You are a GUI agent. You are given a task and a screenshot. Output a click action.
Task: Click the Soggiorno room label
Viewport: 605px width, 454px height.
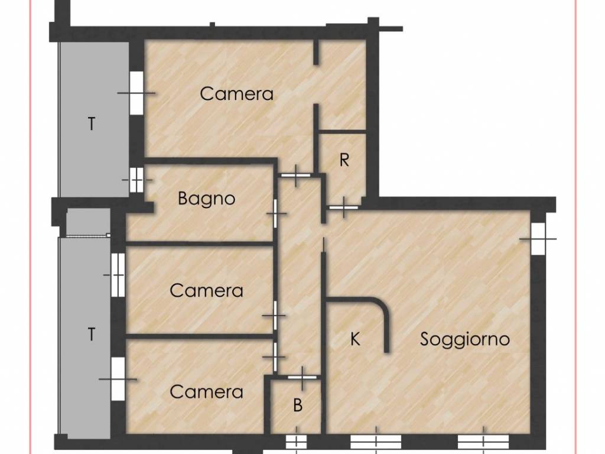(464, 340)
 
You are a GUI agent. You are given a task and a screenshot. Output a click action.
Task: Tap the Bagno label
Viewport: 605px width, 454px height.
(206, 199)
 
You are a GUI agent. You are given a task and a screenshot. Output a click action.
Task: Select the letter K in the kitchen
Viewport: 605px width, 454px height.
(355, 339)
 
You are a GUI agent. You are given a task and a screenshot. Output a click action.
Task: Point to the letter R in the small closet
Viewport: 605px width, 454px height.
(344, 160)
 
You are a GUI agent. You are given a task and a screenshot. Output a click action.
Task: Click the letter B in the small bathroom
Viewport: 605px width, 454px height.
(298, 406)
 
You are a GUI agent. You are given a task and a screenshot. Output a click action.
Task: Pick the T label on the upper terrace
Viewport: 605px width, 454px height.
(92, 124)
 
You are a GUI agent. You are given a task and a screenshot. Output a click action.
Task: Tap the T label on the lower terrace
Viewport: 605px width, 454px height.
(92, 335)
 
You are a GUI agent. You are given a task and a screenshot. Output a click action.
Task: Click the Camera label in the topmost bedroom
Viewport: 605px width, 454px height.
(236, 94)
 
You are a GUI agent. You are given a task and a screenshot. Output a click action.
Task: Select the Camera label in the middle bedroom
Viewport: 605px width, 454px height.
(206, 291)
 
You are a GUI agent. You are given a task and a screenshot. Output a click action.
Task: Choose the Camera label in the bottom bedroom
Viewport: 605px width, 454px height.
(206, 393)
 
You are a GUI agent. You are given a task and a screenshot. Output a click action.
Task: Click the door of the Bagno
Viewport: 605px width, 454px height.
(275, 213)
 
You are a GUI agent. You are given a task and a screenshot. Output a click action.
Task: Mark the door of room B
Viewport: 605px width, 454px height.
(302, 377)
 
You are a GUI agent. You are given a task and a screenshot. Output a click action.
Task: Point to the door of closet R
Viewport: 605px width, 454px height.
(343, 207)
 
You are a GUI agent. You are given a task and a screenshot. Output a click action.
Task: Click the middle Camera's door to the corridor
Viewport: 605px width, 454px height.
(275, 316)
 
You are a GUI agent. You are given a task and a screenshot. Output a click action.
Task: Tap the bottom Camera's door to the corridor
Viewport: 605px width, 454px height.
(275, 357)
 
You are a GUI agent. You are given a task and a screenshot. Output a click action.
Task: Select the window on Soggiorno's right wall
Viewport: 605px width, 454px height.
(538, 239)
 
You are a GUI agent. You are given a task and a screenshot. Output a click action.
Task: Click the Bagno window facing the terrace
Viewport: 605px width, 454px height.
(136, 180)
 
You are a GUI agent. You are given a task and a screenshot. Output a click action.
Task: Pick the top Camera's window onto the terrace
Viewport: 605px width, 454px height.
(136, 93)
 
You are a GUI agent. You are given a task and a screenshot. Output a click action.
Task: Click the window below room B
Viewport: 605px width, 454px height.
(297, 441)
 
